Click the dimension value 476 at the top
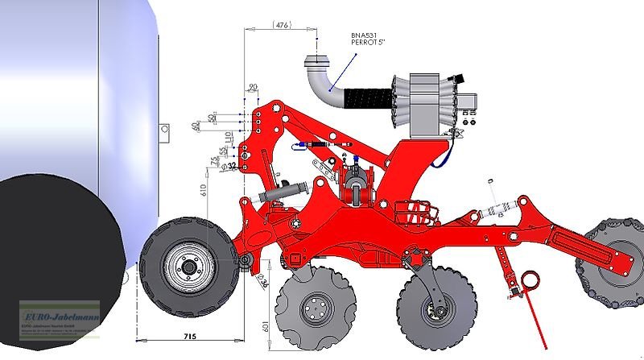pos(282,26)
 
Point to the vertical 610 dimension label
pos(204,191)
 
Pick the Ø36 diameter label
pos(262,281)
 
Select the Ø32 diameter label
pos(232,166)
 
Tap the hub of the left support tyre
pos(188,267)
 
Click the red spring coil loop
pos(530,280)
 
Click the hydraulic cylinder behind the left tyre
pos(282,194)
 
